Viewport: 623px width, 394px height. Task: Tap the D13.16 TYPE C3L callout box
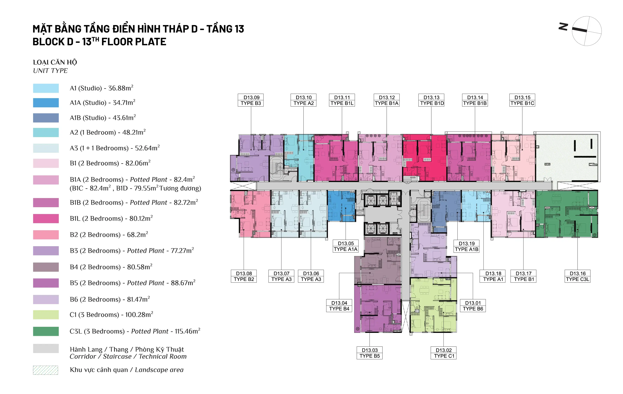577,276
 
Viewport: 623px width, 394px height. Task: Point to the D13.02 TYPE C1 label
443,353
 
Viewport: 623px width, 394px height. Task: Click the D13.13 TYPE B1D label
431,100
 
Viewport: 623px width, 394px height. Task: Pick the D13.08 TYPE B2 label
244,276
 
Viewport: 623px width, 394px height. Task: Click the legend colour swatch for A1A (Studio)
46,103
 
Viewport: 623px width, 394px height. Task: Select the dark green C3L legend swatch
46,331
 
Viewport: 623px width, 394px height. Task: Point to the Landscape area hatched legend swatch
46,370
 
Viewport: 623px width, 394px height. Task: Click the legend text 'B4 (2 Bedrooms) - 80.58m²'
111,267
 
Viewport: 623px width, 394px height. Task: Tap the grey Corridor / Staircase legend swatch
46,348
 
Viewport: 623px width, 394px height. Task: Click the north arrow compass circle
587,31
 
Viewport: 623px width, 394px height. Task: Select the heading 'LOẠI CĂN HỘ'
55,62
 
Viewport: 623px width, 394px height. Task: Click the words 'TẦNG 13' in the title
225,29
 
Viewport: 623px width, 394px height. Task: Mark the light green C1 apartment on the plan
433,305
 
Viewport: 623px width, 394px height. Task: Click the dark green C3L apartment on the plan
567,214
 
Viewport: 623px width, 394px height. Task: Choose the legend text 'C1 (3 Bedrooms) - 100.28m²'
111,315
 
